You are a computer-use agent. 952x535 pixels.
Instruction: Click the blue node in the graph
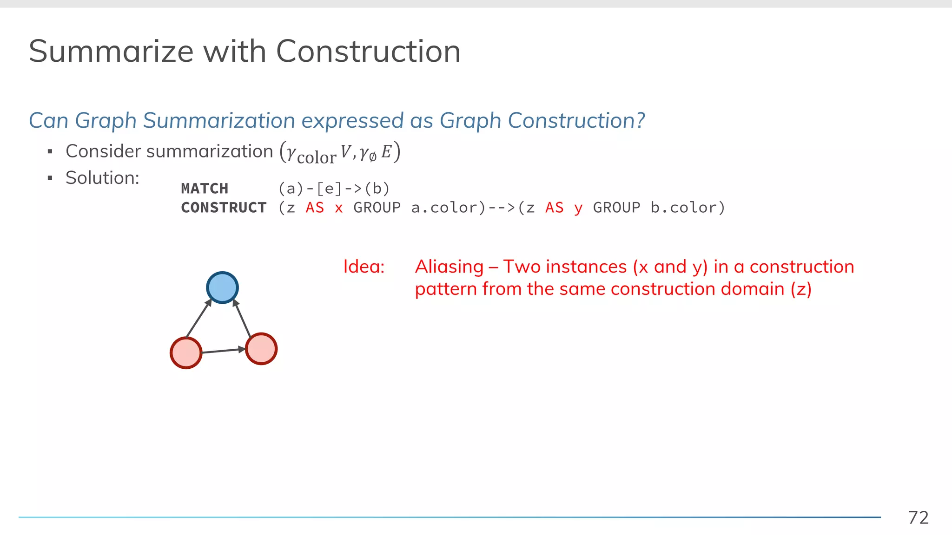click(222, 287)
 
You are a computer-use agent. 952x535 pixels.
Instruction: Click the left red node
click(186, 353)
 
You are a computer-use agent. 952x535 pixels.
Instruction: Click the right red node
click(261, 349)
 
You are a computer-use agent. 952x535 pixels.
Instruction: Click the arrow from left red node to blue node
click(198, 319)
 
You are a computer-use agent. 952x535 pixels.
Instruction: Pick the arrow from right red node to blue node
click(242, 318)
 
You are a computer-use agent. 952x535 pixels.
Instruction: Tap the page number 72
click(918, 517)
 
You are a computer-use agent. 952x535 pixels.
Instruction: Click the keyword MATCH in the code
click(205, 189)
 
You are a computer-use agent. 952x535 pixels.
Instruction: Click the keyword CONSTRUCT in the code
click(224, 208)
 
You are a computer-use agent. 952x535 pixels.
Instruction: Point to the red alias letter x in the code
click(338, 208)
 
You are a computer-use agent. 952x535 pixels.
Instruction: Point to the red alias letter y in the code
click(578, 208)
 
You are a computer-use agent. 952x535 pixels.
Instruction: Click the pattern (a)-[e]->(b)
click(334, 189)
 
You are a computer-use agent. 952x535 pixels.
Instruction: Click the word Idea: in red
click(364, 267)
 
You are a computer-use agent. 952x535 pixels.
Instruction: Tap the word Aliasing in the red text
click(449, 267)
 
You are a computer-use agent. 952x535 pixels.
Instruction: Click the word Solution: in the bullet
click(102, 178)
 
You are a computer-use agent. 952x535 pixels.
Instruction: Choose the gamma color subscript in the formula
click(316, 158)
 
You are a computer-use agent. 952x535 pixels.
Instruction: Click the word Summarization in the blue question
click(218, 121)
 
